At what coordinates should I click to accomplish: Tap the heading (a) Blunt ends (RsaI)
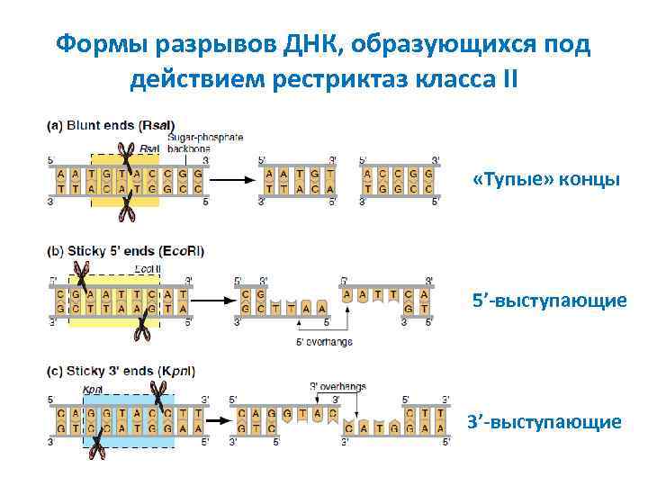111,125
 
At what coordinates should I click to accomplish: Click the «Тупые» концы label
545,180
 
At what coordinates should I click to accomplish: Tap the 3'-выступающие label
545,421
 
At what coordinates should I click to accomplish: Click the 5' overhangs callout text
324,342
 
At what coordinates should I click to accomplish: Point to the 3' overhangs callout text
337,387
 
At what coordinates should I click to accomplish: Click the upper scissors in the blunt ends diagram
128,159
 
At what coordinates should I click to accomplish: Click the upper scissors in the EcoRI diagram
83,273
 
